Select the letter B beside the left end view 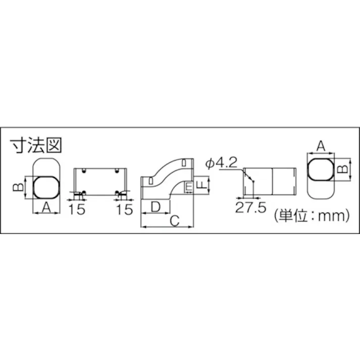(17, 187)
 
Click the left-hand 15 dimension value (77, 210)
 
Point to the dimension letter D (156, 206)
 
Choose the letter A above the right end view (320, 146)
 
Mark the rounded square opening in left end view (46, 187)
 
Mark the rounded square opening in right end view (320, 169)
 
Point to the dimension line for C (167, 227)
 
